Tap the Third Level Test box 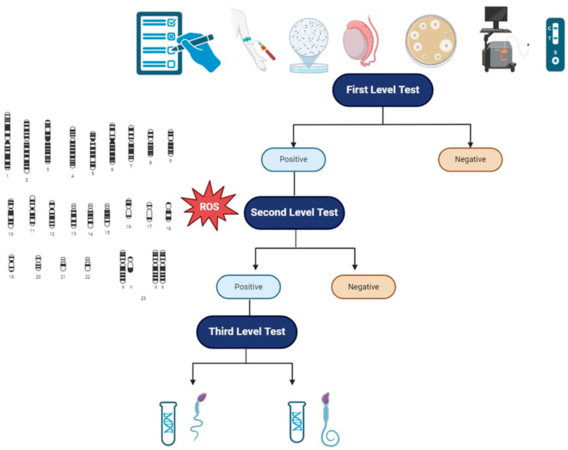247,332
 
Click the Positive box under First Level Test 293,159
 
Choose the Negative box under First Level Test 470,159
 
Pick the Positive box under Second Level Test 248,287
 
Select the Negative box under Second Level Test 363,287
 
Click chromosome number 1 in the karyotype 7,141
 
